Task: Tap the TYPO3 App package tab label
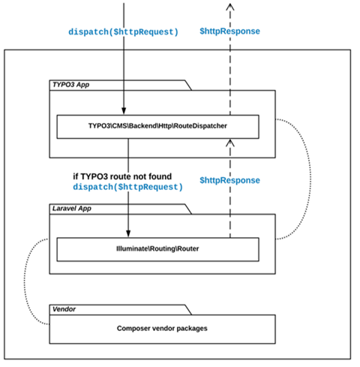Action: click(70, 85)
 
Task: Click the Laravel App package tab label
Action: click(72, 209)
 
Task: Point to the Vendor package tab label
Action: click(64, 309)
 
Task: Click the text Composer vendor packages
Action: click(162, 328)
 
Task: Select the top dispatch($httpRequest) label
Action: click(123, 32)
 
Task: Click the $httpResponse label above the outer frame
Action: click(229, 32)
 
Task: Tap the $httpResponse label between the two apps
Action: click(229, 180)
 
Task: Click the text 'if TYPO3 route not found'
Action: click(122, 176)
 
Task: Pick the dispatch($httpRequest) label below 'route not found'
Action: click(127, 187)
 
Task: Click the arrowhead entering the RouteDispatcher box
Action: click(124, 111)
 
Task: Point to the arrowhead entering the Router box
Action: click(128, 233)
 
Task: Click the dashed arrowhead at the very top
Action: click(230, 7)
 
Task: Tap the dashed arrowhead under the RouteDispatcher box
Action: click(230, 143)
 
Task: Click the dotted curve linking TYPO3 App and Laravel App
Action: click(310, 179)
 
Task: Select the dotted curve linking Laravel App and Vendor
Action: click(25, 281)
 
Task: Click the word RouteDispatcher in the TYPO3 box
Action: click(200, 125)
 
